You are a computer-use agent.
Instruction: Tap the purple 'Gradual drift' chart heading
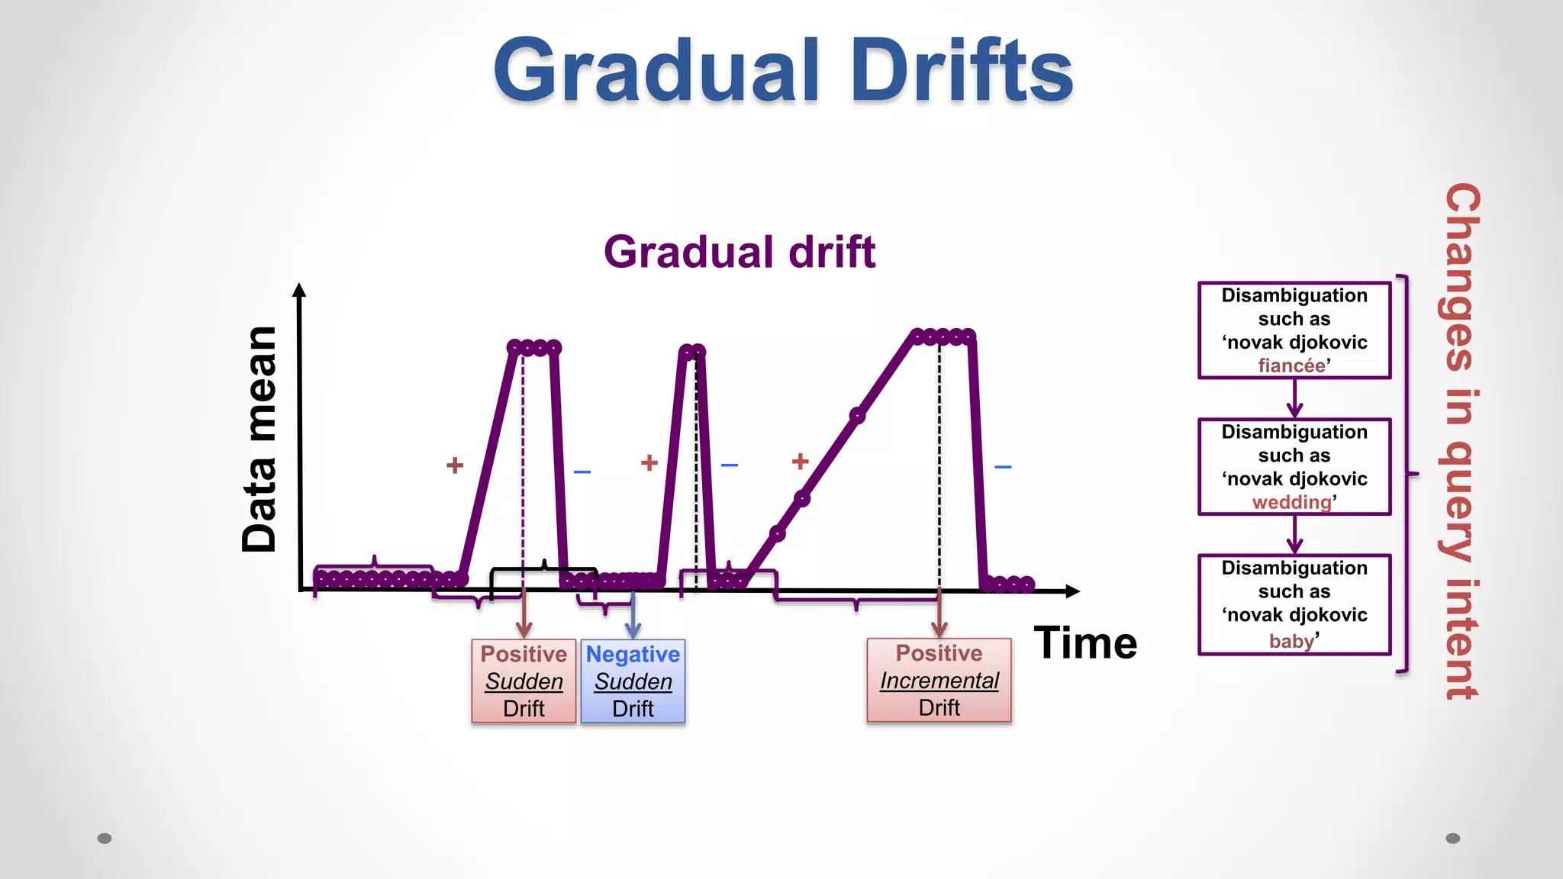pyautogui.click(x=739, y=252)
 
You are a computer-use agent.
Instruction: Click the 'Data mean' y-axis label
pyautogui.click(x=259, y=439)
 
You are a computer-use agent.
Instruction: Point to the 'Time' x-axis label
pyautogui.click(x=1084, y=642)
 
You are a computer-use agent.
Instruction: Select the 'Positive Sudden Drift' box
pyautogui.click(x=524, y=681)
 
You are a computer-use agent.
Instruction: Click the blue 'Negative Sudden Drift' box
pyautogui.click(x=633, y=681)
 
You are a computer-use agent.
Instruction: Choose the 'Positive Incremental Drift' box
pyautogui.click(x=939, y=680)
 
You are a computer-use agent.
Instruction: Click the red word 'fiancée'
pyautogui.click(x=1292, y=365)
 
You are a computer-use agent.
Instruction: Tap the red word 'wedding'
pyautogui.click(x=1291, y=502)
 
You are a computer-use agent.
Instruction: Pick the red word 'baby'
pyautogui.click(x=1291, y=641)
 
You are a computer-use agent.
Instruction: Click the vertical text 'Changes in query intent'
pyautogui.click(x=1461, y=441)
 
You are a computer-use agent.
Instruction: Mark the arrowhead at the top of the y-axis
pyautogui.click(x=299, y=290)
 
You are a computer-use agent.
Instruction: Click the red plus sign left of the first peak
pyautogui.click(x=455, y=465)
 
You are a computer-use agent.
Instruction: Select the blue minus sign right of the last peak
pyautogui.click(x=1003, y=466)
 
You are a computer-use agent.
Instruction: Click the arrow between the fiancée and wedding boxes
pyautogui.click(x=1294, y=399)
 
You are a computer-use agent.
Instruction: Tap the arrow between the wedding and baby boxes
pyautogui.click(x=1294, y=535)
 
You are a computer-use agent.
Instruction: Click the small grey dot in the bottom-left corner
pyautogui.click(x=105, y=838)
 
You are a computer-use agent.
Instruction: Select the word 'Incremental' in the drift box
pyautogui.click(x=939, y=680)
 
